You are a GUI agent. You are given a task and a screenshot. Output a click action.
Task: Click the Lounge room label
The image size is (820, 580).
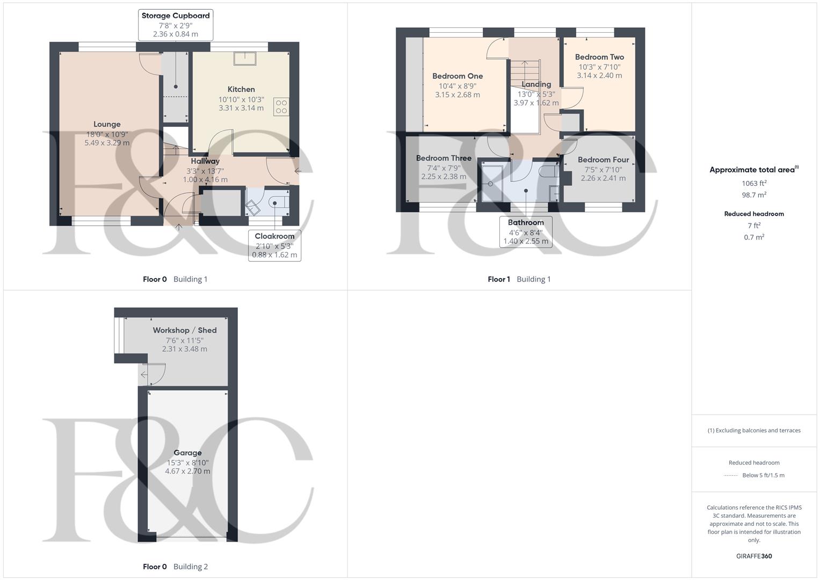point(107,124)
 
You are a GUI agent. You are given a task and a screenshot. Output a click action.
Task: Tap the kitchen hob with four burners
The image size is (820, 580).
point(281,107)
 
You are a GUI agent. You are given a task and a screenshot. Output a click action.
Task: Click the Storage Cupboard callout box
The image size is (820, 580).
point(176,25)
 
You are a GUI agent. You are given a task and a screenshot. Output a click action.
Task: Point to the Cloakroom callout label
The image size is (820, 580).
point(274,236)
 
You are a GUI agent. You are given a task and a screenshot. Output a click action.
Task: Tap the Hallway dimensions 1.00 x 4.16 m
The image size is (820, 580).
point(205,180)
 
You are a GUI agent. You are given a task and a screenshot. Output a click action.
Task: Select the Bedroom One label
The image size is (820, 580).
point(458,76)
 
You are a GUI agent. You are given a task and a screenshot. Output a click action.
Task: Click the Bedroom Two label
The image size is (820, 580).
point(599,57)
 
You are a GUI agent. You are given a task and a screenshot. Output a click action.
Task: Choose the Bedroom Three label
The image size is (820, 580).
point(444,158)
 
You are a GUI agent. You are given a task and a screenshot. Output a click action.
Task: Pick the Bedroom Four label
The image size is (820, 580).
point(603,160)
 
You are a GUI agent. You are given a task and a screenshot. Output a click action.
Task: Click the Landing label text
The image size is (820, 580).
point(536,84)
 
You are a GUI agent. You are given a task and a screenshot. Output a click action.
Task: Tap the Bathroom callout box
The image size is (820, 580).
point(526,231)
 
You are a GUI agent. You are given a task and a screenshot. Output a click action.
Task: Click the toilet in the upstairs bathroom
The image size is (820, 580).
point(548,172)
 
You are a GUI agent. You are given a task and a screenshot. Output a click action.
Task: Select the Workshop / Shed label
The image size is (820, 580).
point(185,330)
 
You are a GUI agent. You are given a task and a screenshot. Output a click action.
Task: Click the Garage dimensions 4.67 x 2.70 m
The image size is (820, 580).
point(187,472)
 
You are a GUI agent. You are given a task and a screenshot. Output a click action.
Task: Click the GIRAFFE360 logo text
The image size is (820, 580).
point(754,556)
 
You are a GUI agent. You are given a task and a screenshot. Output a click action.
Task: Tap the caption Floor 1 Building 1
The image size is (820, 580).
point(519,279)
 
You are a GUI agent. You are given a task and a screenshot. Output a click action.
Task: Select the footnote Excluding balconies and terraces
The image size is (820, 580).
point(754,430)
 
